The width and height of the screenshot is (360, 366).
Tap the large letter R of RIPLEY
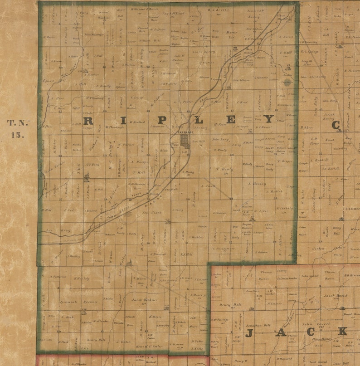[88, 120]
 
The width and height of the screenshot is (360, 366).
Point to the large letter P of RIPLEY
[161, 120]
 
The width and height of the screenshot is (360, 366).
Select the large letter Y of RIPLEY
[269, 119]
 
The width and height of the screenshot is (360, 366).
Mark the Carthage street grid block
[185, 140]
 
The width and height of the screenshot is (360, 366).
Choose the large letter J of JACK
[248, 334]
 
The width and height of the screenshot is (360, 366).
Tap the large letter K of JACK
[342, 331]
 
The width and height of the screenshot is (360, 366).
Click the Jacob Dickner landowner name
[144, 300]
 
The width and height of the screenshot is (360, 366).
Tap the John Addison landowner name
[241, 80]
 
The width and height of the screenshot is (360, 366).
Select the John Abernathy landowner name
[313, 77]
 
